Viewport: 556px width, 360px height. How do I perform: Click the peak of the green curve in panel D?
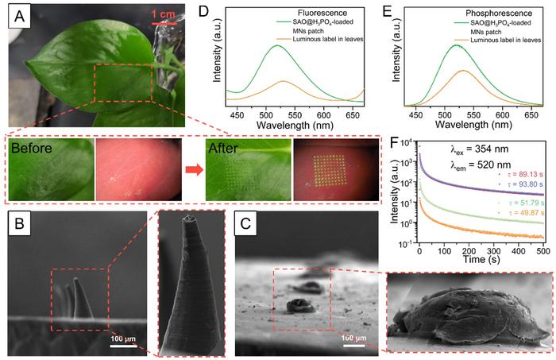pos(277,46)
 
